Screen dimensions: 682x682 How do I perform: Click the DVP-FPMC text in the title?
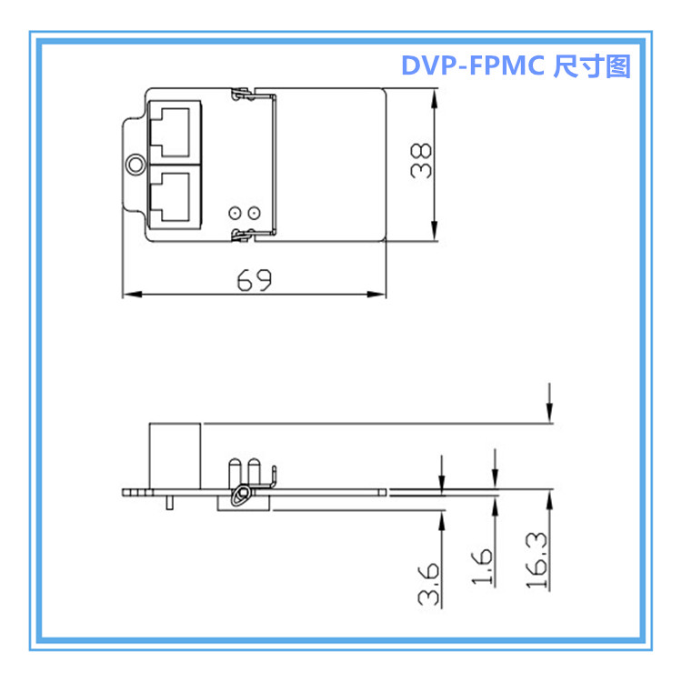tap(474, 66)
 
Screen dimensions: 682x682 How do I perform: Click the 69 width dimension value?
tap(255, 280)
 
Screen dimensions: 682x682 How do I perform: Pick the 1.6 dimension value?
tap(483, 569)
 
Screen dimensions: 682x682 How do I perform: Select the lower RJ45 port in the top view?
tap(172, 195)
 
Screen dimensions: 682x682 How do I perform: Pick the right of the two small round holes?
tap(256, 213)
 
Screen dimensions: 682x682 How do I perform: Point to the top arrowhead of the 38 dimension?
tap(436, 95)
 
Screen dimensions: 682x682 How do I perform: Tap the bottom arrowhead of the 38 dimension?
tap(436, 234)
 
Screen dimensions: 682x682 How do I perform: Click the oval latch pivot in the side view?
tap(241, 495)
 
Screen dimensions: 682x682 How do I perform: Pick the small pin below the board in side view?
tap(169, 503)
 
